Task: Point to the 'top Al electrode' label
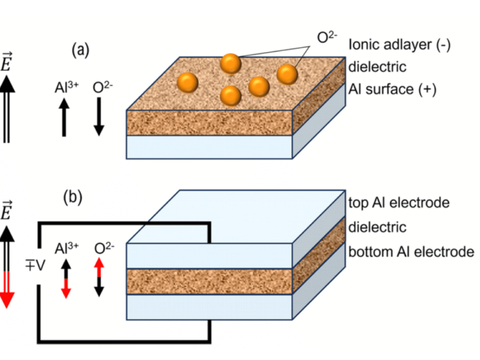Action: click(x=398, y=203)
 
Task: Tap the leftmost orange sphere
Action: click(x=188, y=81)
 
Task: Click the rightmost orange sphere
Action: click(x=287, y=74)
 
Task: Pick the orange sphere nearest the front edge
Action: click(x=231, y=95)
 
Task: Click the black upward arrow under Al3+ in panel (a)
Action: click(x=65, y=118)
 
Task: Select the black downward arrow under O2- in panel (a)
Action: click(x=100, y=118)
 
